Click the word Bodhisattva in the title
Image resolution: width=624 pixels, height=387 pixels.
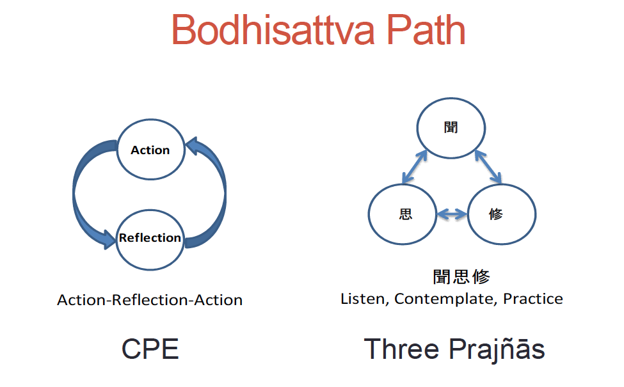tap(273, 30)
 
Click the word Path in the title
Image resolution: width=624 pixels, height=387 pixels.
tap(426, 30)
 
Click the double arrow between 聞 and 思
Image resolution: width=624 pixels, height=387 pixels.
tap(414, 167)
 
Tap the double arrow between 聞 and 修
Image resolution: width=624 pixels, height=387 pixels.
tap(488, 167)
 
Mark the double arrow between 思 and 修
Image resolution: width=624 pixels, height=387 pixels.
tap(452, 214)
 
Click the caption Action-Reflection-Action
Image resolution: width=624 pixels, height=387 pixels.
tap(150, 300)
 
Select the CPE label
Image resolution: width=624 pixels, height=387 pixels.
tap(150, 349)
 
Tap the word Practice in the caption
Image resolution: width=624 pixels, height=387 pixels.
tap(533, 298)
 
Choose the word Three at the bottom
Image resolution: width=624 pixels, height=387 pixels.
tap(401, 349)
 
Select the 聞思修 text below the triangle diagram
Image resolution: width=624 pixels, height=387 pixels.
tap(461, 276)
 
